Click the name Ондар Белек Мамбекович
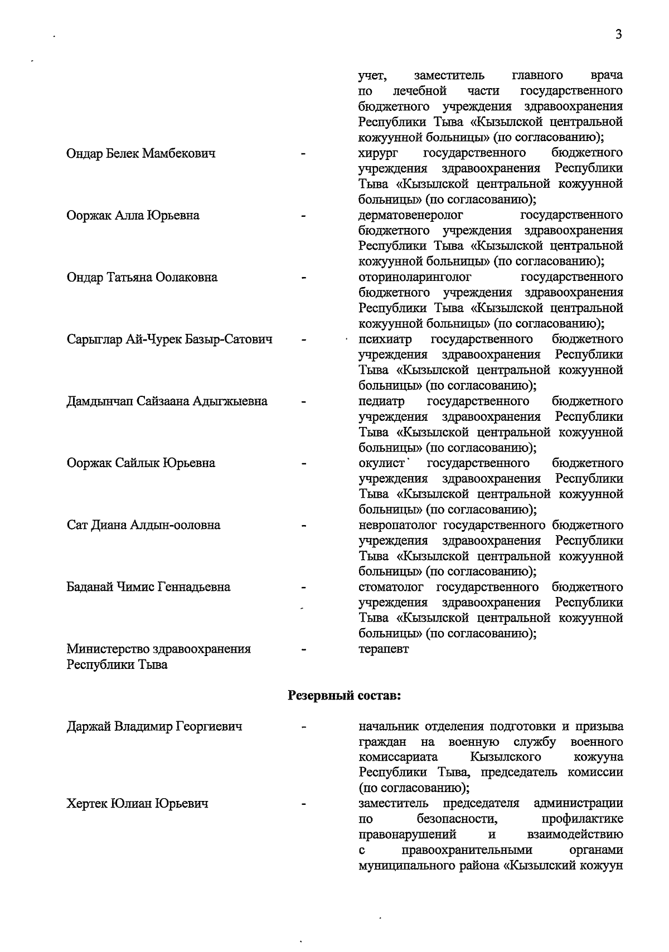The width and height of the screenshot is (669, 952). point(141,153)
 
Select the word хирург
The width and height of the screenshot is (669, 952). point(376,153)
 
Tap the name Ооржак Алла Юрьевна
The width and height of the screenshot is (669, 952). point(133,215)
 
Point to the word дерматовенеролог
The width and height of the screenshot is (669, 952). point(410,215)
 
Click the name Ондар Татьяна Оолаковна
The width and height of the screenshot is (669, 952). point(142,277)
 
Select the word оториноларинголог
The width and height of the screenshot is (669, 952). point(414,277)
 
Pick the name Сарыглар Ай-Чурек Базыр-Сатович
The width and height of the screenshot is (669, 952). point(169,339)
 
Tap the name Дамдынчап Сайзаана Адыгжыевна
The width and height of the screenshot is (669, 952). point(167,401)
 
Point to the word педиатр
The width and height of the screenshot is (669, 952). point(381,401)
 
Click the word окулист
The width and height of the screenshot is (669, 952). point(381,463)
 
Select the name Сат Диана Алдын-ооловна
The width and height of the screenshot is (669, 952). point(143,525)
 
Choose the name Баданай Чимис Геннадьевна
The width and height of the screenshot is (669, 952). point(148,587)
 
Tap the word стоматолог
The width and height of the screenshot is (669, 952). point(391,587)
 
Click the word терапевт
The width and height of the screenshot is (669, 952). point(384,649)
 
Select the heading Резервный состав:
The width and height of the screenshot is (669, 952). point(344,696)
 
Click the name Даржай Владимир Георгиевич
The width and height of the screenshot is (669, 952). point(154,727)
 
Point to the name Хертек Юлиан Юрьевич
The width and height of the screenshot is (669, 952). point(137,804)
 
